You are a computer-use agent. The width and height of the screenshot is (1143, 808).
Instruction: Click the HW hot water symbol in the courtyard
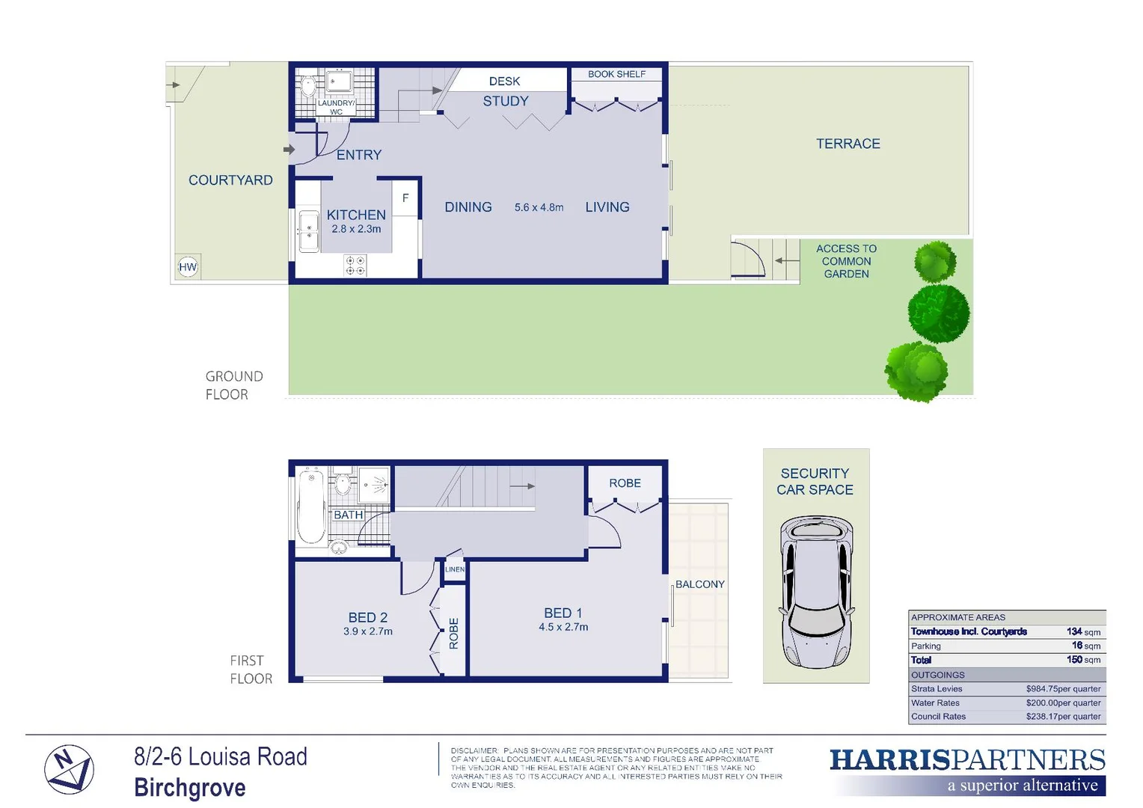188,267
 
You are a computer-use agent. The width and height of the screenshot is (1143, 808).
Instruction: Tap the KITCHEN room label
356,215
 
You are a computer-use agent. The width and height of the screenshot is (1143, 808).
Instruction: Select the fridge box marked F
405,198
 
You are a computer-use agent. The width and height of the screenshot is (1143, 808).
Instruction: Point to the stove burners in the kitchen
355,265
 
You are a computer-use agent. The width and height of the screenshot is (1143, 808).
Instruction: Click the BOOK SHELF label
616,74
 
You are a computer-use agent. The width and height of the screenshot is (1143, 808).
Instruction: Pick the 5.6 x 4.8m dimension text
539,207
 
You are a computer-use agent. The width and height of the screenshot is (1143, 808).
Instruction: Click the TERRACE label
848,144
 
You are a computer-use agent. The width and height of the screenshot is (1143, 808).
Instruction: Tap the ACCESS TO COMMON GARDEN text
846,261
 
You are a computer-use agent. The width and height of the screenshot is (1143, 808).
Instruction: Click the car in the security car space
816,591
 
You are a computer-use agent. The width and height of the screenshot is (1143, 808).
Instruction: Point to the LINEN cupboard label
455,569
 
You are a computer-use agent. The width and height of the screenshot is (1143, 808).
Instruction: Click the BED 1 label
563,613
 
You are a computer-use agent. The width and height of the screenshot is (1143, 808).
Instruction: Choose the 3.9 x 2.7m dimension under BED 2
368,631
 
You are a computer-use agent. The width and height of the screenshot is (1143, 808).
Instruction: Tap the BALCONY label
699,584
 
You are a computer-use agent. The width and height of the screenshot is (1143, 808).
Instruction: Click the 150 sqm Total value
1082,660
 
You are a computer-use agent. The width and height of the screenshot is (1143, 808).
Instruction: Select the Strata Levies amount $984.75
1062,689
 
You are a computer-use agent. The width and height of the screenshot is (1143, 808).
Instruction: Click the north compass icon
69,769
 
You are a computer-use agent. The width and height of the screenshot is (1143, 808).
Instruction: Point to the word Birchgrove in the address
190,788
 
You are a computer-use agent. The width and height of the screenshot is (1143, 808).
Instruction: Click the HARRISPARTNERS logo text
966,760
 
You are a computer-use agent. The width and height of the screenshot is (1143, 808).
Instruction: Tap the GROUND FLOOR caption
234,385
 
